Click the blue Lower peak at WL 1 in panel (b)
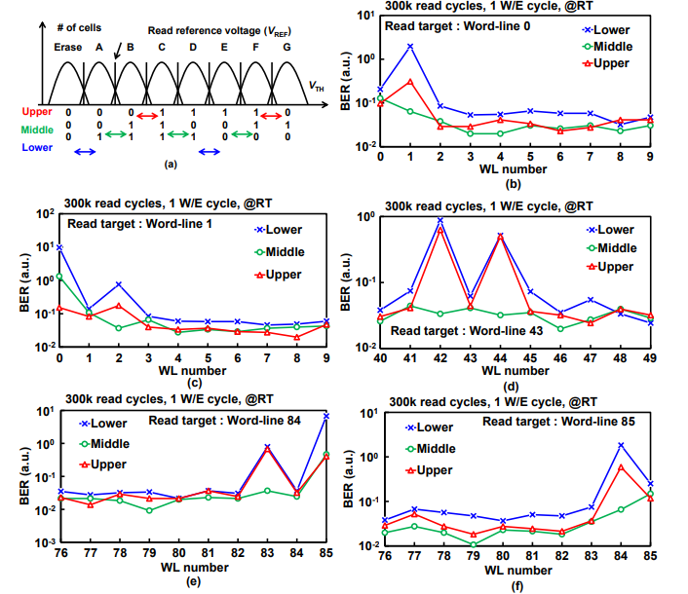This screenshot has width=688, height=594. click(x=410, y=46)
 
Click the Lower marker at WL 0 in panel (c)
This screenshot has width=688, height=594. click(x=60, y=247)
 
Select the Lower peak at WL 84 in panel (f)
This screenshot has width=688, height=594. click(x=621, y=445)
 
